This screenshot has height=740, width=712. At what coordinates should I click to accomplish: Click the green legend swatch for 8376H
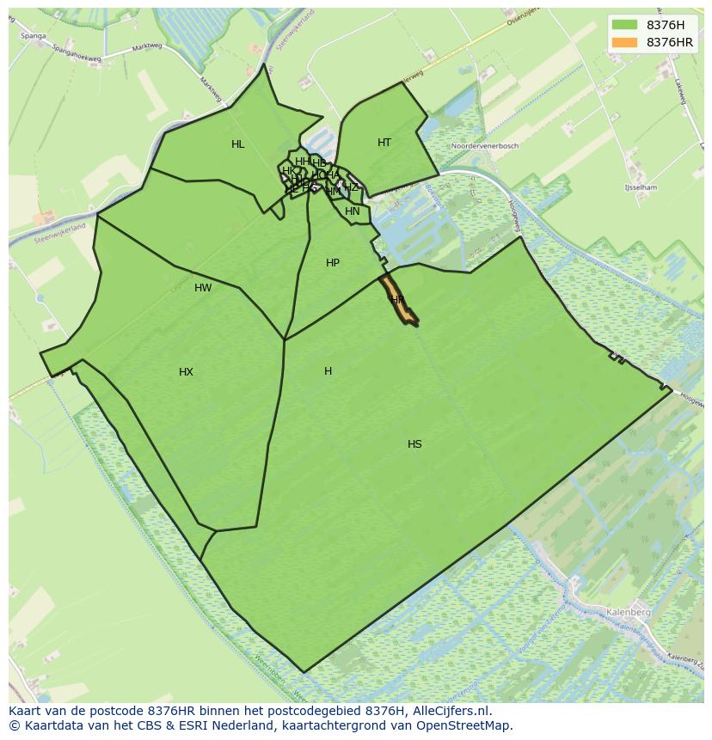pyautogui.click(x=625, y=25)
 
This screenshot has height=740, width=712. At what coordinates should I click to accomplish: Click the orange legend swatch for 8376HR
pyautogui.click(x=625, y=42)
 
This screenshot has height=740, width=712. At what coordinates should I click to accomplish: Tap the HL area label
pyautogui.click(x=238, y=144)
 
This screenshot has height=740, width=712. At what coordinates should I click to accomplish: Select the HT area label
pyautogui.click(x=384, y=143)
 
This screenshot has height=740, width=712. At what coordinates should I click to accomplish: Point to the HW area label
pyautogui.click(x=203, y=288)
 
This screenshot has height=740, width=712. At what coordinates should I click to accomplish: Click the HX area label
pyautogui.click(x=186, y=372)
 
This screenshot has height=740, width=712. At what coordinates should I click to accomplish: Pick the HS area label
pyautogui.click(x=414, y=444)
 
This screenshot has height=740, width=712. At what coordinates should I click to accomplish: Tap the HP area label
pyautogui.click(x=333, y=263)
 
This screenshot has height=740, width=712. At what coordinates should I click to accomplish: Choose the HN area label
pyautogui.click(x=353, y=211)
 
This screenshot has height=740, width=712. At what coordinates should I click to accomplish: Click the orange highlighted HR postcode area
pyautogui.click(x=398, y=303)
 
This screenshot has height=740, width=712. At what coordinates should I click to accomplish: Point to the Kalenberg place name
pyautogui.click(x=628, y=612)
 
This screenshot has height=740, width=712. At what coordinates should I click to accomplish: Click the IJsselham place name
pyautogui.click(x=641, y=187)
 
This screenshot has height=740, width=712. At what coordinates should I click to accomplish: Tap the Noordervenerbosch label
pyautogui.click(x=485, y=146)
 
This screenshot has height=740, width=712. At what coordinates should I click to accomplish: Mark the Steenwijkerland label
pyautogui.click(x=64, y=228)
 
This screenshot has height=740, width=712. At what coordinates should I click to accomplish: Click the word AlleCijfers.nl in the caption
pyautogui.click(x=449, y=711)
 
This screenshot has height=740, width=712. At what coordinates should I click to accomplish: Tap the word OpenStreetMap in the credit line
pyautogui.click(x=464, y=725)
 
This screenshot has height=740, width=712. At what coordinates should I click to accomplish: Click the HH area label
pyautogui.click(x=302, y=162)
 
